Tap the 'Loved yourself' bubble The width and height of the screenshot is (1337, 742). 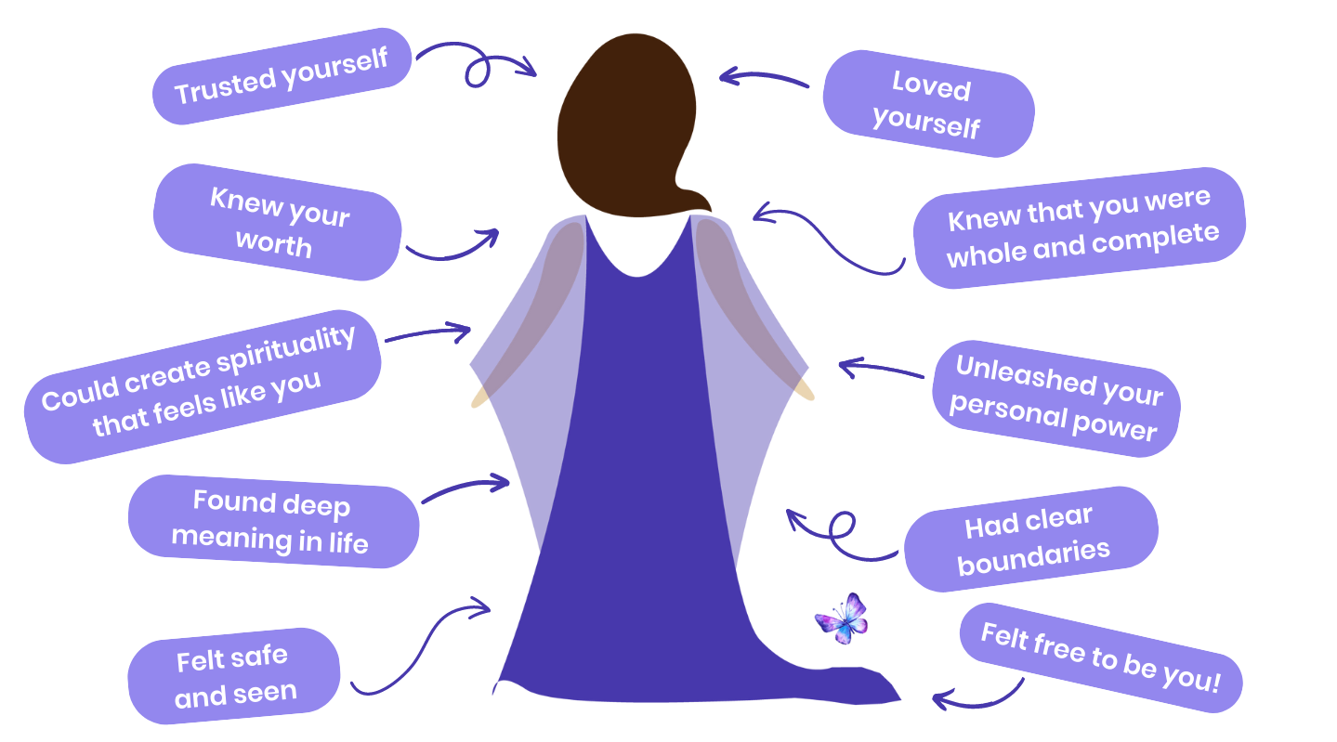pos(927,104)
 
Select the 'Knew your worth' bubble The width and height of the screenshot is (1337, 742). pos(277,222)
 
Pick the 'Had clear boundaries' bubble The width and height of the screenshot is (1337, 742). pos(1030,539)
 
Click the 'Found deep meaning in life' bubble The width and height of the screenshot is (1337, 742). pos(272,521)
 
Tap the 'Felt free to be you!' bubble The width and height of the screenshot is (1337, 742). pos(1100,657)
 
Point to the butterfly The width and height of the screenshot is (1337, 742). pos(842,618)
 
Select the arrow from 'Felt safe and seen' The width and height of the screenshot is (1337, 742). pos(418,650)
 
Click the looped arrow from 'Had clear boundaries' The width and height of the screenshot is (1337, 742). pos(841,534)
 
